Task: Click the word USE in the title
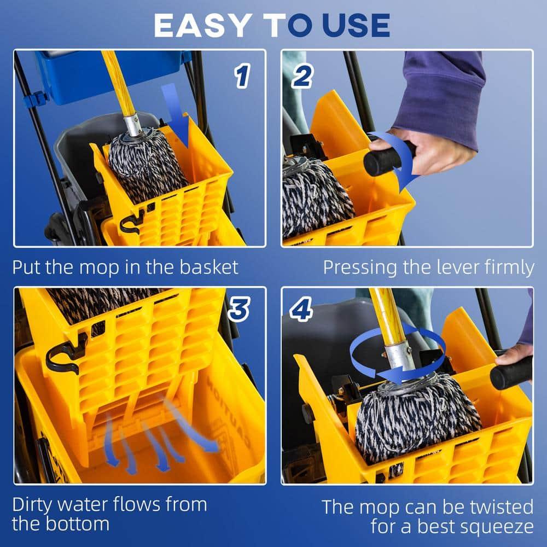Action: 356,25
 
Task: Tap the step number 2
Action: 301,77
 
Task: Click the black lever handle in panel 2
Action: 386,158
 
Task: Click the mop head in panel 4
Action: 416,416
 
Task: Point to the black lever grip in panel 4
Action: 511,373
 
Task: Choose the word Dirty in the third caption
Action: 36,504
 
